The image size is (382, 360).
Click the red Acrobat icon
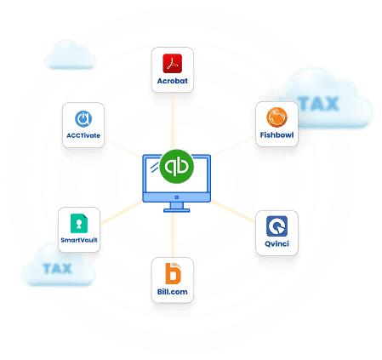[172, 63]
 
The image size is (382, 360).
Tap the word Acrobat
[173, 81]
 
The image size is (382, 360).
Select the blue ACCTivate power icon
[83, 119]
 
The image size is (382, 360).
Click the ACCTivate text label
[83, 135]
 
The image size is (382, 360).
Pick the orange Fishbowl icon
[277, 117]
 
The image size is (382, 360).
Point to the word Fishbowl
[277, 134]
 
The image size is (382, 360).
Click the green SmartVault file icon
[79, 223]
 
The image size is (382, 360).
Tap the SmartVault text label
[79, 240]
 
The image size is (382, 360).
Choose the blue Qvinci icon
[277, 226]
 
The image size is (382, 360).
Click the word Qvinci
[277, 243]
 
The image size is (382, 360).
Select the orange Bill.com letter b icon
[173, 273]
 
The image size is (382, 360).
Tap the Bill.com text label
[172, 292]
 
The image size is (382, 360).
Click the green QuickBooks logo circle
[177, 167]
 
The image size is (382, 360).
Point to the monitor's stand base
[177, 210]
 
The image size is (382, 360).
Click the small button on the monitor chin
[177, 197]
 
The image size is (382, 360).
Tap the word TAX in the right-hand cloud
[318, 104]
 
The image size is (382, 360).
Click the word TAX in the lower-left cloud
[57, 268]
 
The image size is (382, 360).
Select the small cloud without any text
[70, 54]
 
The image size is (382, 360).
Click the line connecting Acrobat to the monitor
[173, 121]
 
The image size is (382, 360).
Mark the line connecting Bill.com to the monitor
[173, 235]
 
